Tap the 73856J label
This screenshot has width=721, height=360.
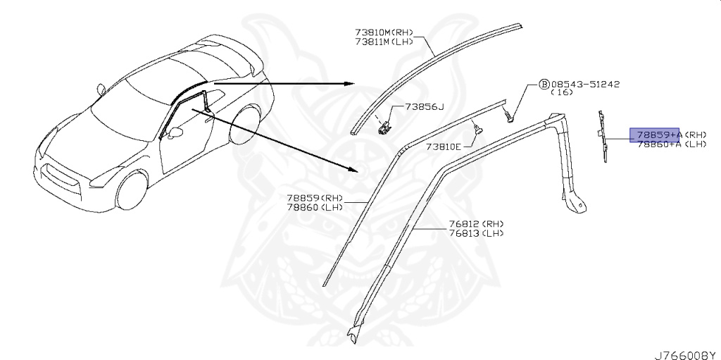(x=425, y=106)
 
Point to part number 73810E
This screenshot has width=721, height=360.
(x=443, y=147)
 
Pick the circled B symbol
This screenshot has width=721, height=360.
(x=544, y=83)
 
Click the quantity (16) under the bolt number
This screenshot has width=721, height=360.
(x=561, y=92)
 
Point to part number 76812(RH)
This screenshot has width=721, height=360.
(x=477, y=224)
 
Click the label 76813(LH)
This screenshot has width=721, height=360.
(x=477, y=233)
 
